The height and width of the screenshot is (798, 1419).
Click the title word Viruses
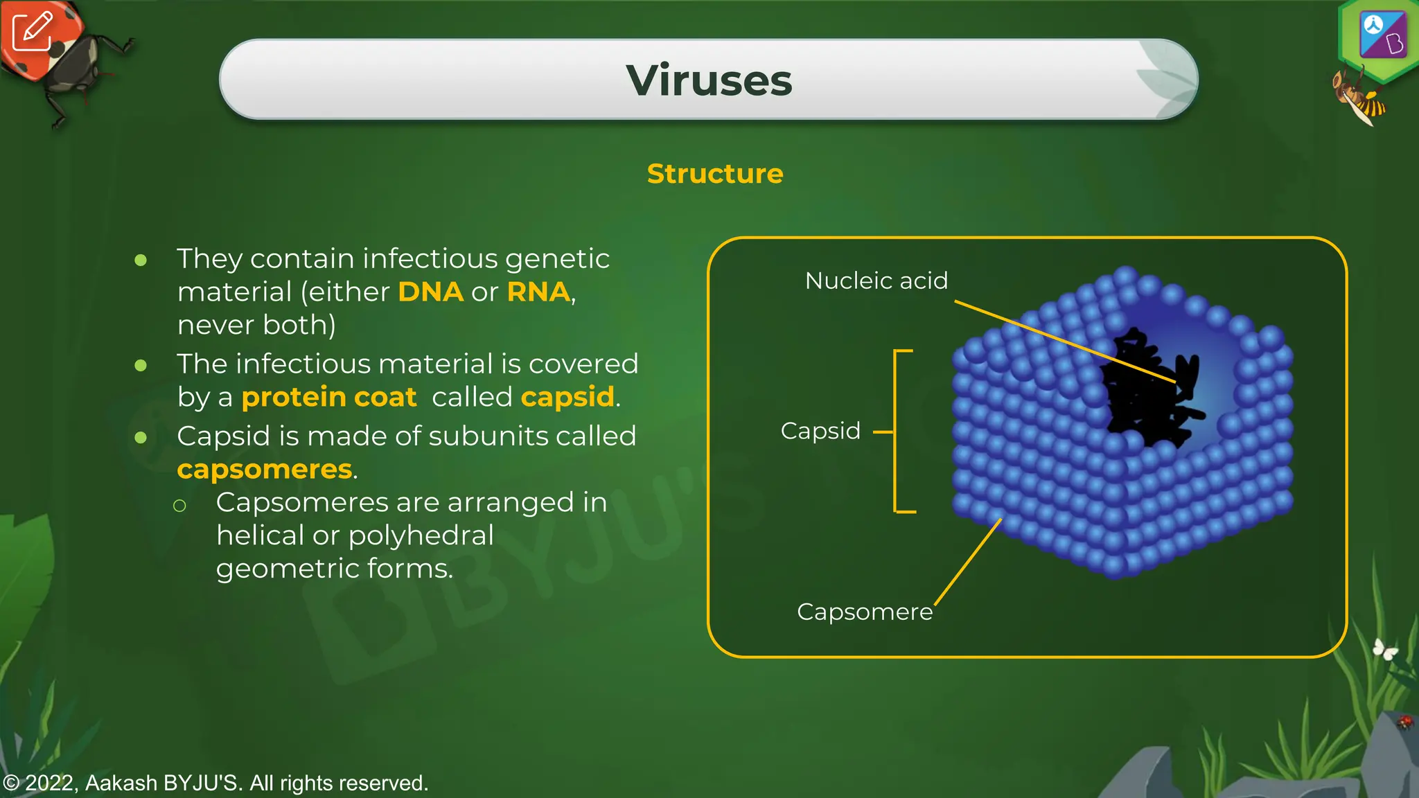709,80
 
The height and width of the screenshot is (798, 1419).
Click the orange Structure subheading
714,173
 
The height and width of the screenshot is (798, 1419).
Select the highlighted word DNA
430,292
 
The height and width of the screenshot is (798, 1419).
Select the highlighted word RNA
538,292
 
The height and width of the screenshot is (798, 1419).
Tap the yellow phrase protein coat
328,397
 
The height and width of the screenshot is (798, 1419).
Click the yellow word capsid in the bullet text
567,397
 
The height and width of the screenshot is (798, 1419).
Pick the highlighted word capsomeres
265,469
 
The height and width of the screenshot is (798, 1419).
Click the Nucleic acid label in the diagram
876,281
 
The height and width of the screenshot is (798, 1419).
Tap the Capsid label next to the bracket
820,431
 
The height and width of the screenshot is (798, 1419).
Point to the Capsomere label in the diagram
864,612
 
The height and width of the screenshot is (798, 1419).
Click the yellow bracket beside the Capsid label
896,431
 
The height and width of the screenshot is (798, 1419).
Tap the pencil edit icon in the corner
32,31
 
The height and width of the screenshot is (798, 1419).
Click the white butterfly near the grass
1385,649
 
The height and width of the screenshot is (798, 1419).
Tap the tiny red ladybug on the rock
1404,722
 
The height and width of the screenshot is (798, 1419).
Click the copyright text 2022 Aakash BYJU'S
215,783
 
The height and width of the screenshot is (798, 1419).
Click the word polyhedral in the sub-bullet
421,535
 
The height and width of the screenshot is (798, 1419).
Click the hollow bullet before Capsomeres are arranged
179,506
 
